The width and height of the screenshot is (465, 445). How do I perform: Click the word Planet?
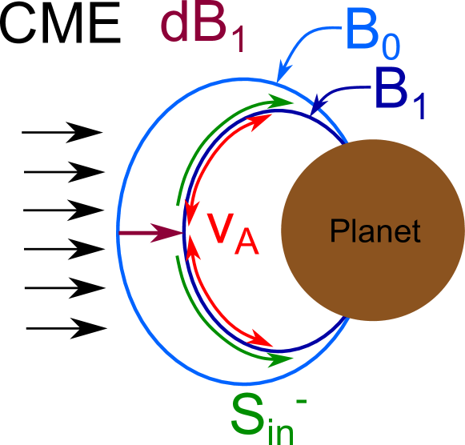click(375, 231)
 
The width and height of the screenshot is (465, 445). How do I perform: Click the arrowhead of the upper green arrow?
click(282, 102)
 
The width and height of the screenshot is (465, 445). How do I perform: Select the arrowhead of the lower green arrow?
click(282, 359)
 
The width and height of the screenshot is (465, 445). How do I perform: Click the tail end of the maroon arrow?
click(119, 234)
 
